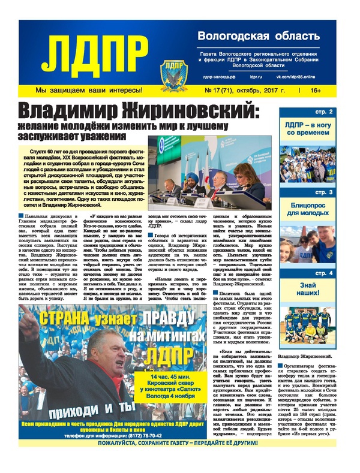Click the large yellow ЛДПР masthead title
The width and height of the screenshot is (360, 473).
click(96, 52)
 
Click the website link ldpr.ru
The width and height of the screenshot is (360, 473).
click(257, 77)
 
